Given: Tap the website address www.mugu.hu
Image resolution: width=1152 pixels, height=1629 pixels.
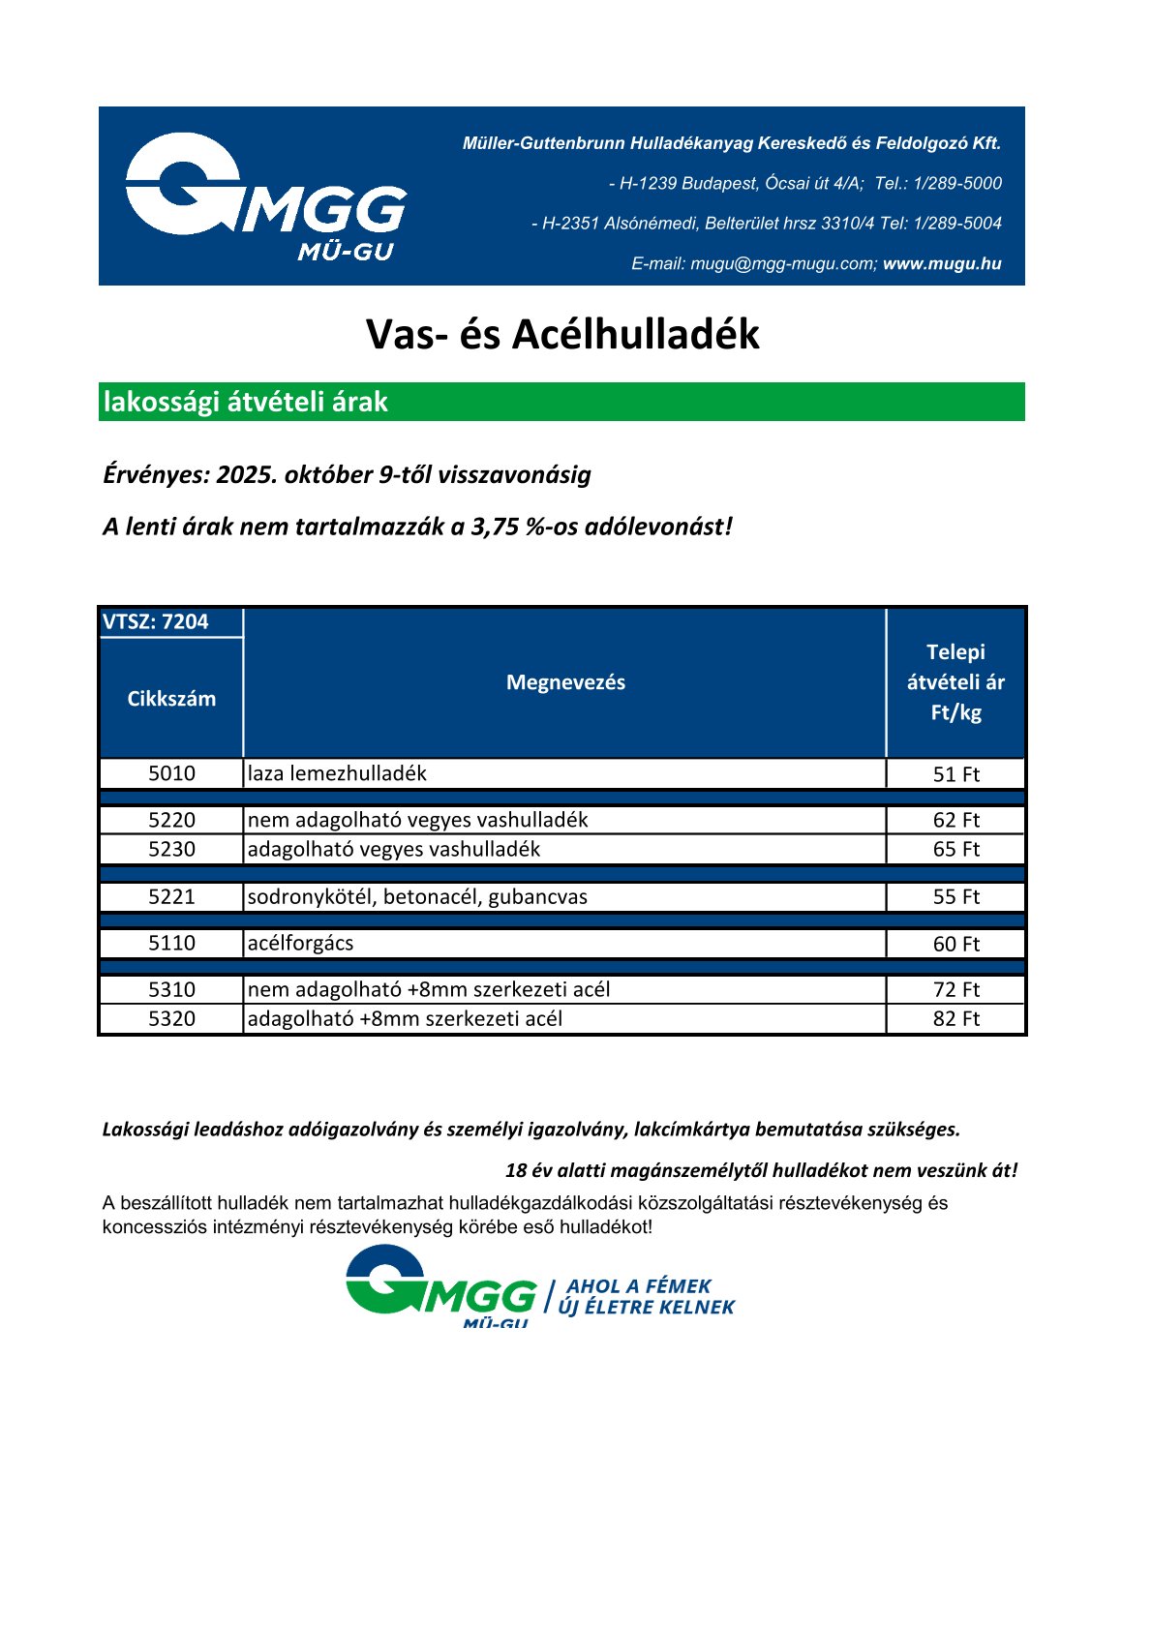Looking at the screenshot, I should [942, 263].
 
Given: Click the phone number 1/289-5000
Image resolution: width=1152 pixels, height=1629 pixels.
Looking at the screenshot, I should [957, 183].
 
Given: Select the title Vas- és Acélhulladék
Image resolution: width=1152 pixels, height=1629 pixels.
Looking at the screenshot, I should [562, 334].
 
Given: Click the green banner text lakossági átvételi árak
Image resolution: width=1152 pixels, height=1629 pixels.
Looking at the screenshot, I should [245, 402].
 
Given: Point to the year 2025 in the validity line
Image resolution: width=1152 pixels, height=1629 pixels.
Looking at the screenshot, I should [246, 474].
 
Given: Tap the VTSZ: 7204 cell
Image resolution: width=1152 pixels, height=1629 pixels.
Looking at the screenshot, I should [156, 621].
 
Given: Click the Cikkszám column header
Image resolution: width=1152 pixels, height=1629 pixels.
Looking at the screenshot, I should [171, 699].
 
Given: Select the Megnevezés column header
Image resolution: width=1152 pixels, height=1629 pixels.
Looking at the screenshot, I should [565, 682].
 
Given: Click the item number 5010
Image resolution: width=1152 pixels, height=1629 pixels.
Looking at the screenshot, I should [171, 773].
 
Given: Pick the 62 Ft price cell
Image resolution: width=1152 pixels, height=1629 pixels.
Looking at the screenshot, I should [955, 820].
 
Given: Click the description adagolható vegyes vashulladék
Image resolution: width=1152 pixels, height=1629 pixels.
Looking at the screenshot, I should [394, 849].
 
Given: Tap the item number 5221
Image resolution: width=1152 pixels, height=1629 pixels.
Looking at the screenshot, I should [171, 896].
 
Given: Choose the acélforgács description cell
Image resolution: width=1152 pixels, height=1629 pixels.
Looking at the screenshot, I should [301, 943].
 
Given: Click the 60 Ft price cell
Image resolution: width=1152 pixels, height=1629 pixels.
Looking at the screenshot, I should [955, 944].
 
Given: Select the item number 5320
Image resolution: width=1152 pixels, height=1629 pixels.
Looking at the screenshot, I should [171, 1018].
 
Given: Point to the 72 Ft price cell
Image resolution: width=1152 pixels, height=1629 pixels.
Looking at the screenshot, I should [955, 989].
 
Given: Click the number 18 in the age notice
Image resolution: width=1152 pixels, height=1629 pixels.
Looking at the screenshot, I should [515, 1170].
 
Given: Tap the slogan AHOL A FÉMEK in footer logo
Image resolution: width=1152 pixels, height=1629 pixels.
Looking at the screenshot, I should [639, 1286].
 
